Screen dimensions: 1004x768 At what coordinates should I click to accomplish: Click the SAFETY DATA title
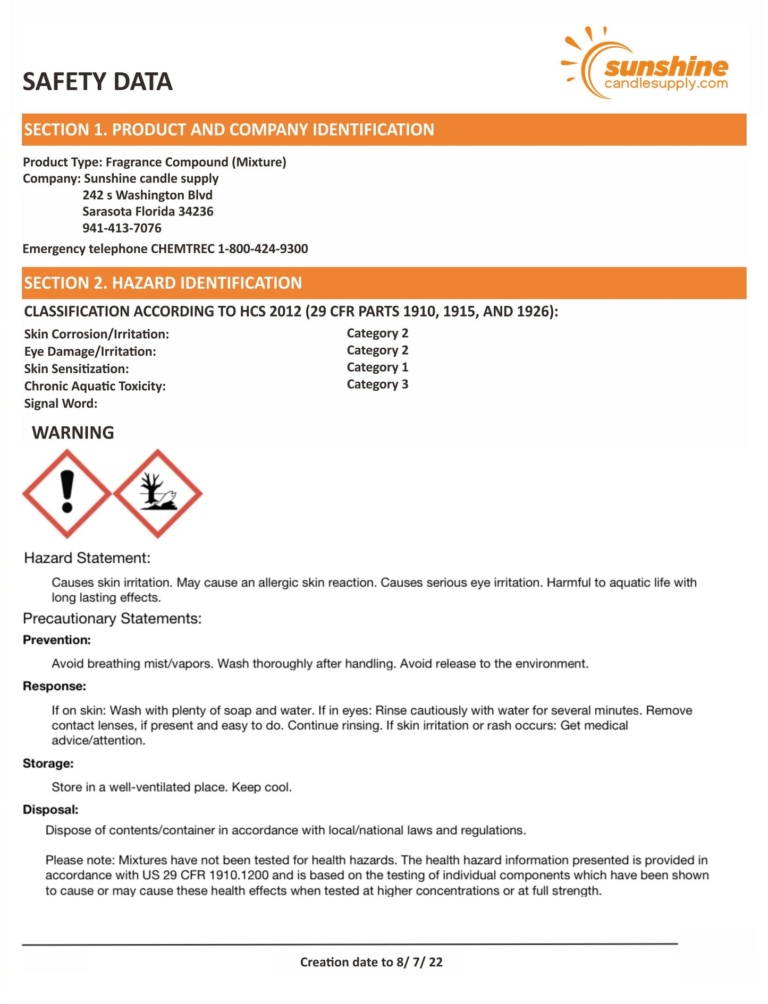click(x=97, y=82)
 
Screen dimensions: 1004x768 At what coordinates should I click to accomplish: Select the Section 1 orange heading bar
click(x=384, y=130)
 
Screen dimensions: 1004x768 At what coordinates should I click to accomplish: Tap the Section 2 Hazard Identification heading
click(x=163, y=283)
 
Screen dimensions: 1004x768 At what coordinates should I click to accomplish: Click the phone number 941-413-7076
click(x=122, y=228)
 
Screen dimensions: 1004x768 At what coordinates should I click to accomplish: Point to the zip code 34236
click(x=196, y=212)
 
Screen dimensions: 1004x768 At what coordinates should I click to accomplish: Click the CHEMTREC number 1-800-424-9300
click(x=263, y=249)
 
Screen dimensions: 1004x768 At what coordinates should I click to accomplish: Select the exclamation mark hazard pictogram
click(x=67, y=493)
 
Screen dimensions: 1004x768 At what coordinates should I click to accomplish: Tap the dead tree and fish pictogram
click(x=157, y=493)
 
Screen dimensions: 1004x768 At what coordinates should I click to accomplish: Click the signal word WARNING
click(x=73, y=433)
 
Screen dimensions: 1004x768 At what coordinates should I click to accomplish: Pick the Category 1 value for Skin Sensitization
click(x=377, y=367)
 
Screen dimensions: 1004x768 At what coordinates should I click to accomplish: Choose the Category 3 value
click(x=377, y=384)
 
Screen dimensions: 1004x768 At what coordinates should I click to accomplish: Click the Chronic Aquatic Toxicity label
click(x=95, y=387)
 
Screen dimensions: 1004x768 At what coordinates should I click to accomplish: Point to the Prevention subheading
click(x=56, y=640)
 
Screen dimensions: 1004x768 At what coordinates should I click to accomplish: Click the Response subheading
click(x=54, y=687)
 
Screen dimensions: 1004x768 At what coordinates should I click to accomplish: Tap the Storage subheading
click(x=48, y=763)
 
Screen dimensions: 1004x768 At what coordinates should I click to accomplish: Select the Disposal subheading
click(x=50, y=810)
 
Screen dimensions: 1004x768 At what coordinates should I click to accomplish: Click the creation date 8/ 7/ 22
click(x=419, y=962)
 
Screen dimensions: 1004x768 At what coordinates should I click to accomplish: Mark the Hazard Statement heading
click(x=87, y=558)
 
